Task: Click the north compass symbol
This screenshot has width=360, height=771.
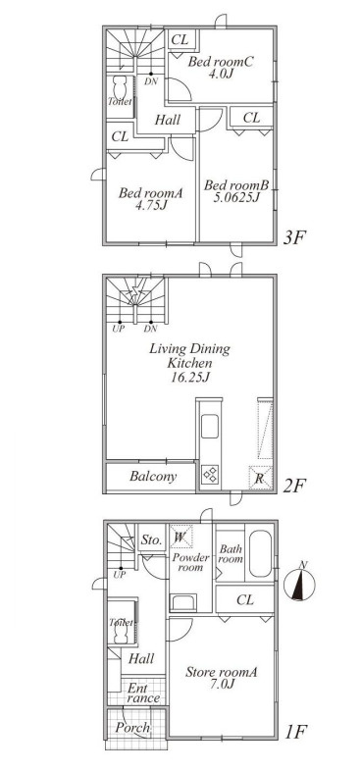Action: [299, 585]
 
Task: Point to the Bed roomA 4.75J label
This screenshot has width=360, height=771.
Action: [150, 199]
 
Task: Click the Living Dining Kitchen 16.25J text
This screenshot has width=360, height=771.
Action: [189, 363]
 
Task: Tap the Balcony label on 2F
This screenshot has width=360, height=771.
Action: [153, 476]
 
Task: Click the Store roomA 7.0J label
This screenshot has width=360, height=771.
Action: [222, 678]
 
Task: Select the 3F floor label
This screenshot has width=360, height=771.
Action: [294, 238]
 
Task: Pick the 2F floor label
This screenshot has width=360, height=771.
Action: [294, 486]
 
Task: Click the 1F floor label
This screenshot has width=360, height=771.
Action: [295, 732]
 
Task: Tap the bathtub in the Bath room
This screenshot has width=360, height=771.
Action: [260, 553]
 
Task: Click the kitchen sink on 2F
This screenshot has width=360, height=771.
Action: [210, 426]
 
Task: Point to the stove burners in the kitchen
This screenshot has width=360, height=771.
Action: [210, 475]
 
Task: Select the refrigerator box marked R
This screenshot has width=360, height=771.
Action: [260, 477]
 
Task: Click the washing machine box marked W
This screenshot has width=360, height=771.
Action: [180, 537]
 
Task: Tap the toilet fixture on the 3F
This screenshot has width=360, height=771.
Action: [121, 89]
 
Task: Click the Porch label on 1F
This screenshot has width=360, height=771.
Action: [132, 727]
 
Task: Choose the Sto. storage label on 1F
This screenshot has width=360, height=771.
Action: [151, 540]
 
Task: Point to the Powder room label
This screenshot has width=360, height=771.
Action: [187, 562]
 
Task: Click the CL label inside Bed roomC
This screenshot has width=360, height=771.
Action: [180, 40]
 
